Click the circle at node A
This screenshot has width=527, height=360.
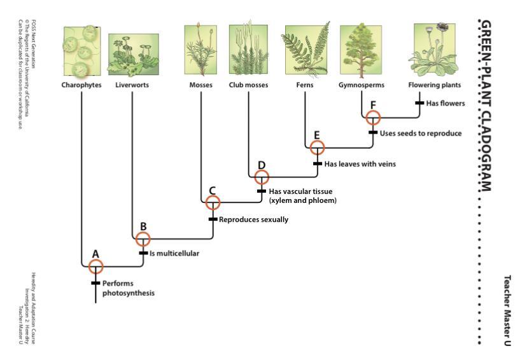pos(95,266)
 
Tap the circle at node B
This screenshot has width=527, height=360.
pos(143,239)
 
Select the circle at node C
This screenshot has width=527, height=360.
pos(213,202)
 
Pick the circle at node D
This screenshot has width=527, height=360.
pos(261,177)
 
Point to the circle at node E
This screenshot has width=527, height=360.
pos(317,147)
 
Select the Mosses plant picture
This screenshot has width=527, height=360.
pos(201,50)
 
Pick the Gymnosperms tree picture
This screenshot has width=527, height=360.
pos(361,52)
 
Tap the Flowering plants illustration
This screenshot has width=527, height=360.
pos(435,50)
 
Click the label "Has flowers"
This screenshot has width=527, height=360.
pos(446,102)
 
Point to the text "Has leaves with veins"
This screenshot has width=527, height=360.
pos(360,163)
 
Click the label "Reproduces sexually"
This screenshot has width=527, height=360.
pos(253,219)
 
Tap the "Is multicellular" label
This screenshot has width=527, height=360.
pos(174,253)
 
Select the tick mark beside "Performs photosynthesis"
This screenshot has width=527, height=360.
pos(95,283)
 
